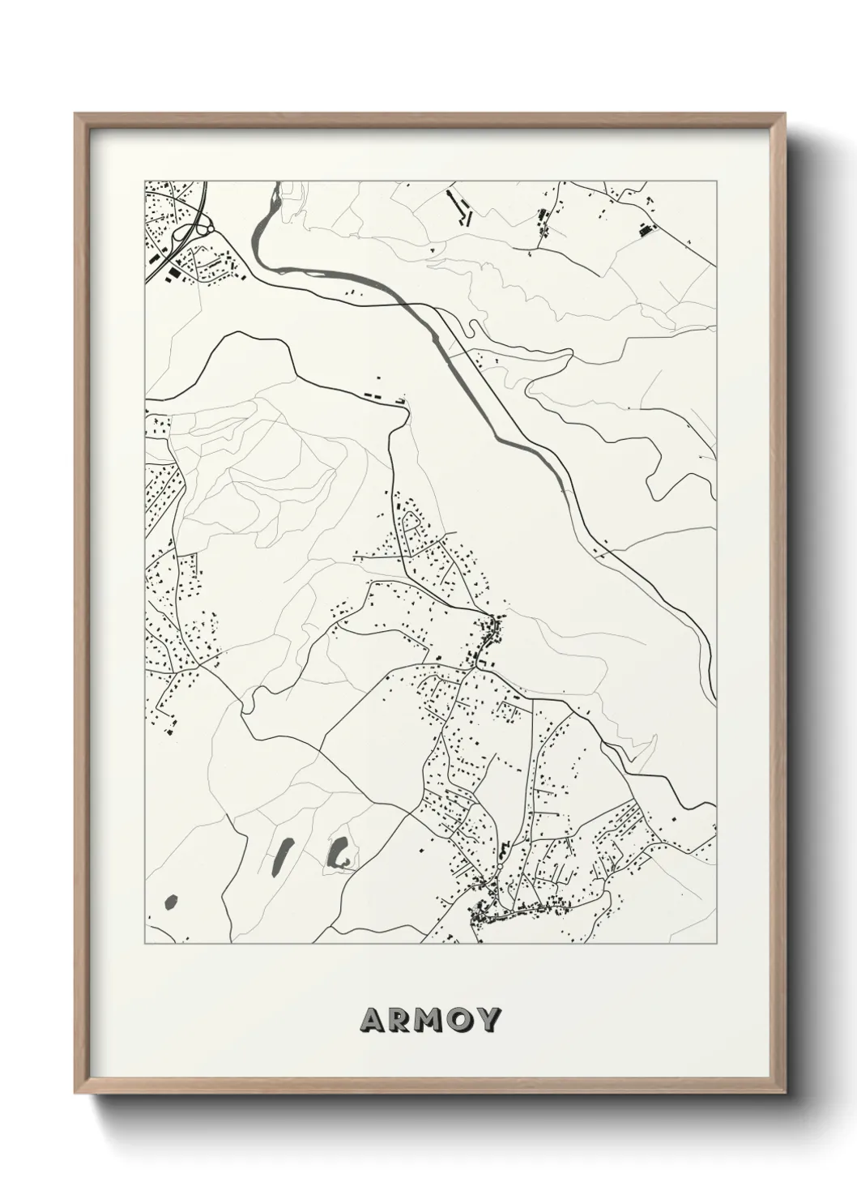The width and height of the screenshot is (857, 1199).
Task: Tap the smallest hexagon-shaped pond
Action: (171, 901)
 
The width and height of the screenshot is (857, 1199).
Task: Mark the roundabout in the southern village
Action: (500, 867)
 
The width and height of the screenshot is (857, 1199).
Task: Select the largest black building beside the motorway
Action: (173, 276)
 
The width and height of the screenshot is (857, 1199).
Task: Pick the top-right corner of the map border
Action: (716, 181)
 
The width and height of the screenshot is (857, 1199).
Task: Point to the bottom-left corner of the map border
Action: (145, 944)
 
